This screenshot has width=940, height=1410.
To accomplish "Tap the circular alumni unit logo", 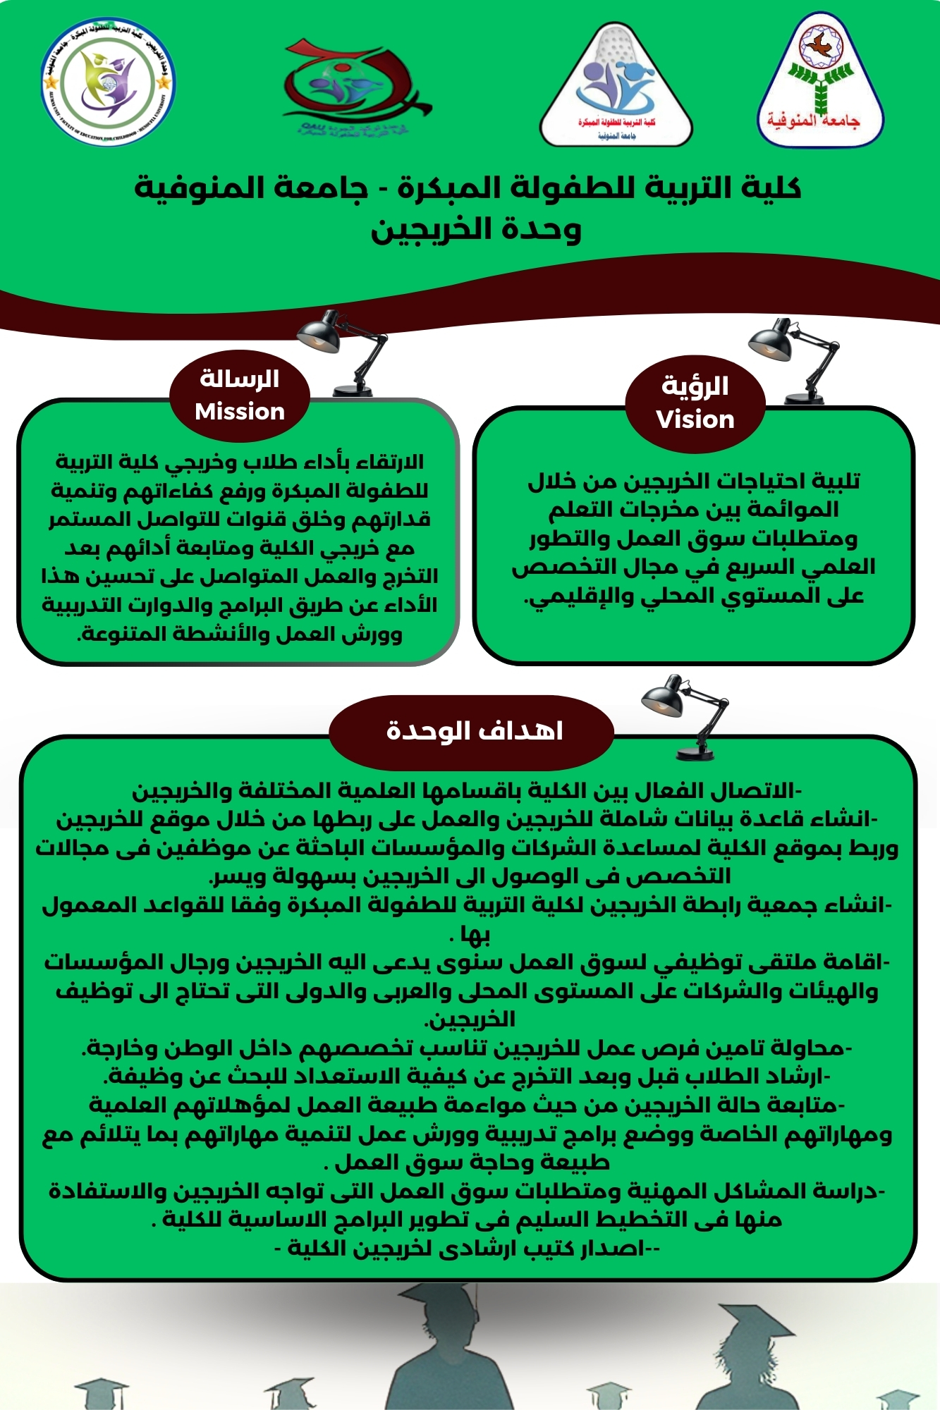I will click(108, 83).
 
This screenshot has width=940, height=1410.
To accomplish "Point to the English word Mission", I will click(240, 412).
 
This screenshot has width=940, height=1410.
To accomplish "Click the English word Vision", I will click(695, 419).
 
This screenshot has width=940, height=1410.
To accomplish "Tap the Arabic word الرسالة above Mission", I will click(240, 379).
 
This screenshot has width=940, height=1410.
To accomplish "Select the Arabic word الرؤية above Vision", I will click(695, 386).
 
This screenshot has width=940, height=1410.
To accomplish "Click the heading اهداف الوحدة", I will click(474, 731).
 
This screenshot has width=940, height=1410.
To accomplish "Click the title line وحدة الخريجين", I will click(476, 230).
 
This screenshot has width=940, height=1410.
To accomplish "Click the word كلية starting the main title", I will click(773, 188).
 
